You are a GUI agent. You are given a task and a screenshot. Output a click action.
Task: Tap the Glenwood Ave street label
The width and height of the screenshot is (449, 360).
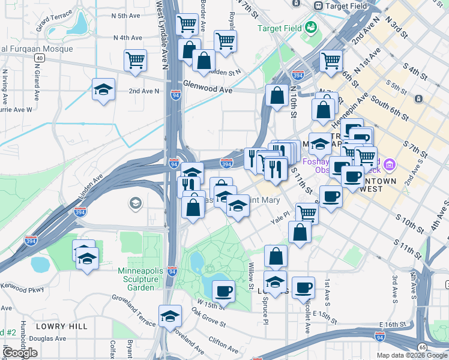208,88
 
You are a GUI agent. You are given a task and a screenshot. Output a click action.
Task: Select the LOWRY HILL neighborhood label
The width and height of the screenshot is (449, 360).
61,326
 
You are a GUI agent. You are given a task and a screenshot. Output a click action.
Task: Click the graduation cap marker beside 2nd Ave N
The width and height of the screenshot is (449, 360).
104,90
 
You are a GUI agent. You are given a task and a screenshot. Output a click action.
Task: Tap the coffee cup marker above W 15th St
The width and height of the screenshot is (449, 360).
224,291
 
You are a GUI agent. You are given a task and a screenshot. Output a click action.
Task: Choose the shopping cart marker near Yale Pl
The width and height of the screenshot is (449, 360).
307,212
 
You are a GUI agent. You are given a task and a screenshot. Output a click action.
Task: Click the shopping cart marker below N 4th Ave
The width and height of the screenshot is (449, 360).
136,60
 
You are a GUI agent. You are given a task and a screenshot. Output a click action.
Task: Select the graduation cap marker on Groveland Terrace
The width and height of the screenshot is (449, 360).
170,316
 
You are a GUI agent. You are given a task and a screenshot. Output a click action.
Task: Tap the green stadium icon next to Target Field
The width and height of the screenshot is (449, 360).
311,27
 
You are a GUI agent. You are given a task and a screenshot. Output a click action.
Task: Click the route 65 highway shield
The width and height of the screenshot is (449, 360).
423,347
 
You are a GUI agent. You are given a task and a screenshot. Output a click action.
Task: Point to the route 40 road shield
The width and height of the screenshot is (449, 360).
40,58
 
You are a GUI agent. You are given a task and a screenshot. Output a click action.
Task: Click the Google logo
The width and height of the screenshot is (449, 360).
20,353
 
